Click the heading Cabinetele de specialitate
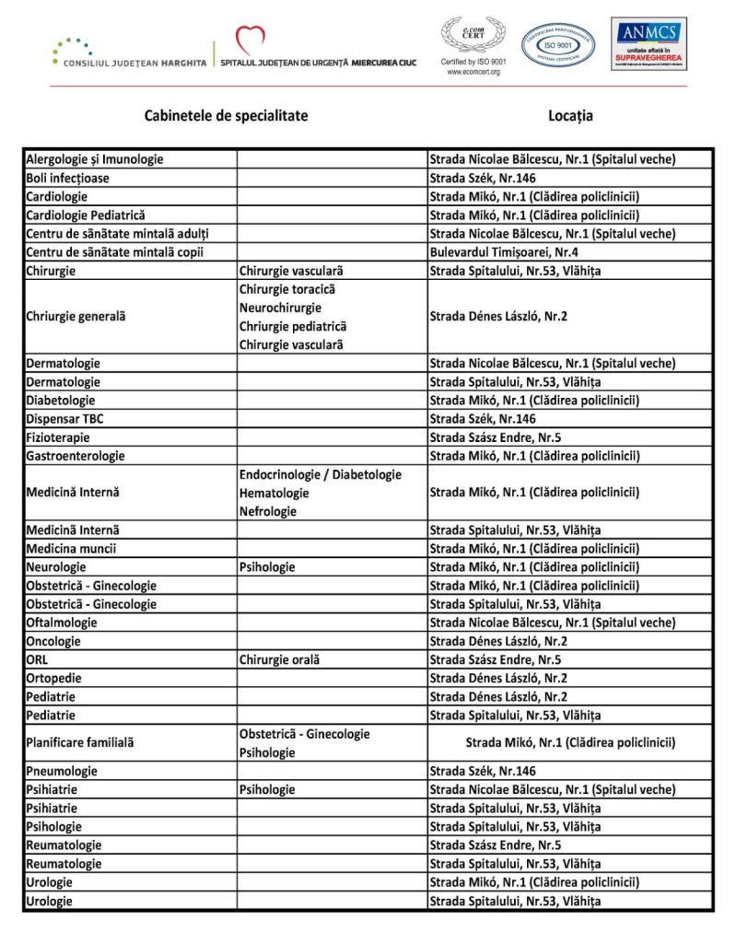[x=226, y=116]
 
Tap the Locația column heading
[x=570, y=116]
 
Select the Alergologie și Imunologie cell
[x=95, y=159]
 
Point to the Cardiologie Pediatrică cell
[x=86, y=215]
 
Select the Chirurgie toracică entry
[x=286, y=289]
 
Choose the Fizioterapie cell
[x=58, y=437]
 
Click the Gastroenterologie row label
[x=76, y=456]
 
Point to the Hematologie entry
[x=274, y=494]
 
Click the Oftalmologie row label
[x=62, y=623]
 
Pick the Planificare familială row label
[x=80, y=742]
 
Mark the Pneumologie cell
[x=62, y=771]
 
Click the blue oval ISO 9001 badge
[x=558, y=44]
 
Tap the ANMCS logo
[x=649, y=43]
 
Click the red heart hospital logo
[x=250, y=40]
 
